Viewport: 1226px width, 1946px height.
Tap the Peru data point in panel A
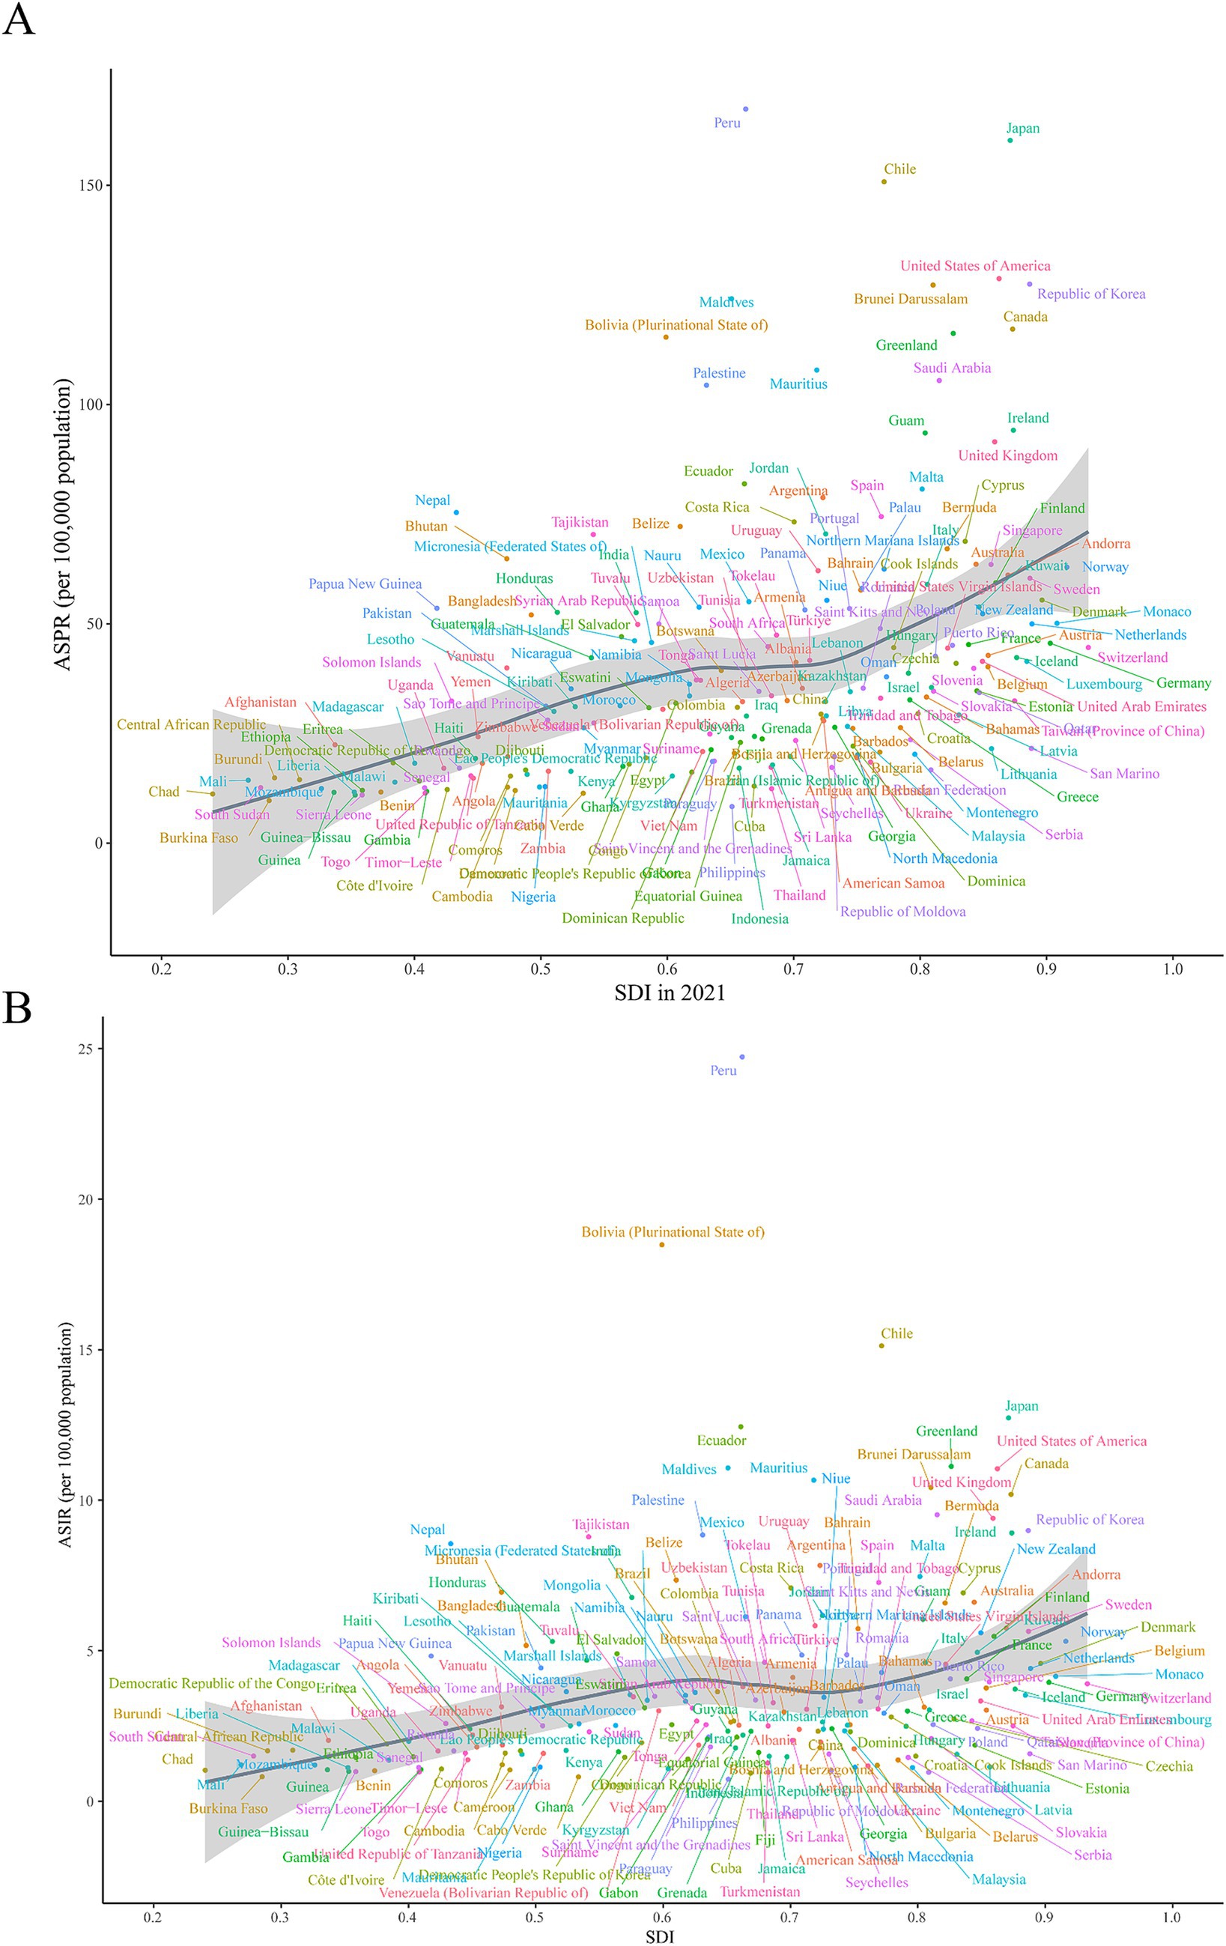[x=745, y=109]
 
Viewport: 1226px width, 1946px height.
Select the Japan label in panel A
[x=1022, y=129]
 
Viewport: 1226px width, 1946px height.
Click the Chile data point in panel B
[x=881, y=1345]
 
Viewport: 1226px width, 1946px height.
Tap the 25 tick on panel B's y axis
[x=85, y=1049]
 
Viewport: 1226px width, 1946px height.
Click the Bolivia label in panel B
[x=673, y=1231]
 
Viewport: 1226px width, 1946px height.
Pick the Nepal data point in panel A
[x=456, y=512]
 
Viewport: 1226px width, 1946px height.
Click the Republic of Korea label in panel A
[x=1091, y=294]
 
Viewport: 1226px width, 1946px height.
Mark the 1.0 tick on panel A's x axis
[x=1173, y=969]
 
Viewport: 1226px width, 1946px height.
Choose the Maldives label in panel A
[x=726, y=303]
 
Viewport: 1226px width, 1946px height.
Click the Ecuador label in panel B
[x=721, y=1440]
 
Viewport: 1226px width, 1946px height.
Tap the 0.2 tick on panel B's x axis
[x=153, y=1917]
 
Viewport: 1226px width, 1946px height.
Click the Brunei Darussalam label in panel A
[x=910, y=299]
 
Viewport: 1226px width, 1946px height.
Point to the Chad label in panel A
[x=163, y=792]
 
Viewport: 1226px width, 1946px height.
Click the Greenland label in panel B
[x=947, y=1431]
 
